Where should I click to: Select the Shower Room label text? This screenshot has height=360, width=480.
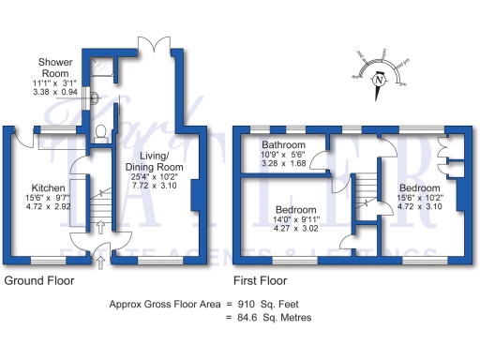(55, 67)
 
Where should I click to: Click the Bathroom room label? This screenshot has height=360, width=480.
(283, 146)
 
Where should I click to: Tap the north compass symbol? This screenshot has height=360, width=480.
(380, 80)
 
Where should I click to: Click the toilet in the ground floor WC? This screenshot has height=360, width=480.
(102, 132)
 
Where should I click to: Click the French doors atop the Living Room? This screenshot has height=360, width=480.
(152, 45)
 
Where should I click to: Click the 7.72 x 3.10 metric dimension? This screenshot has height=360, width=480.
(155, 187)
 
